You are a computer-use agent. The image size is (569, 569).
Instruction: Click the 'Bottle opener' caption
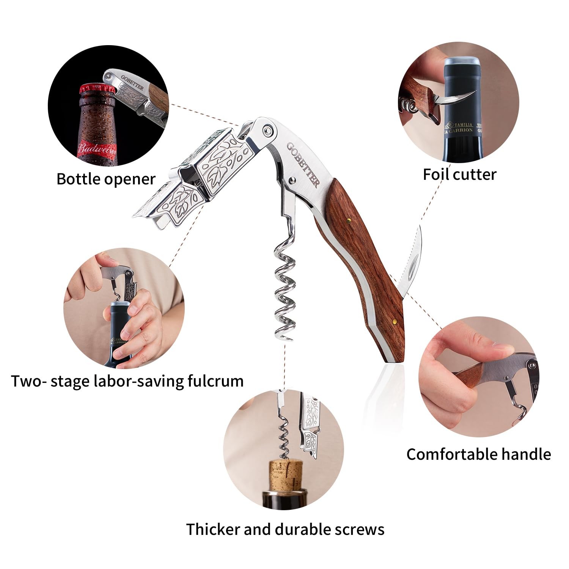tap(106, 179)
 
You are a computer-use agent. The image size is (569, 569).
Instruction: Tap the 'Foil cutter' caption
tap(459, 174)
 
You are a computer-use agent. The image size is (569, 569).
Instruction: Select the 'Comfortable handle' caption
tap(478, 454)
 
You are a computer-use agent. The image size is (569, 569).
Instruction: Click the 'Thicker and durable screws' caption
tap(285, 529)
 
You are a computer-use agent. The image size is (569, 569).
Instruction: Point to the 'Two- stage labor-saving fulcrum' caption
tap(127, 381)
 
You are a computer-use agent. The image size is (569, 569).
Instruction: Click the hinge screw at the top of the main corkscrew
tap(268, 130)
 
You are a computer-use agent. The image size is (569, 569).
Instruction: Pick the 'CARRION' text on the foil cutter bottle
tap(460, 130)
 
